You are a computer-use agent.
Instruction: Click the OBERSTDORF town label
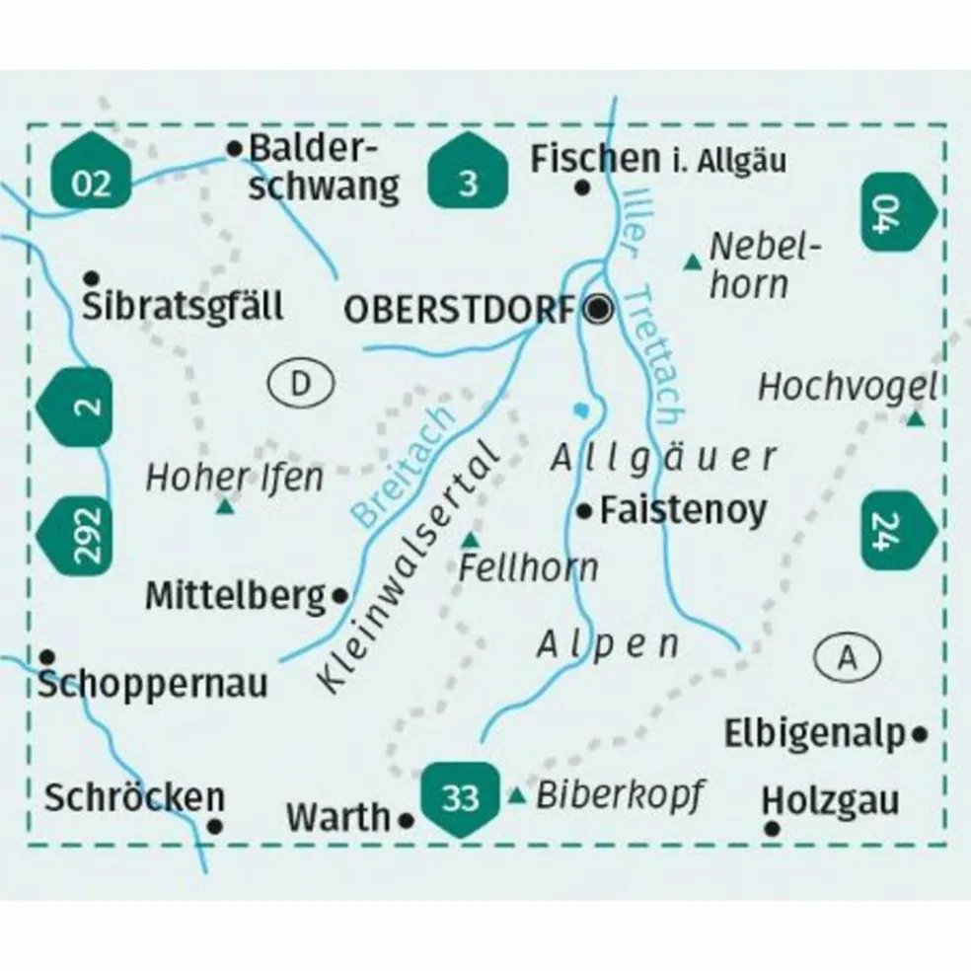point(458,311)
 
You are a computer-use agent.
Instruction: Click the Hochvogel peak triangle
point(915,420)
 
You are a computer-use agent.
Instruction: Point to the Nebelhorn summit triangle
point(693,262)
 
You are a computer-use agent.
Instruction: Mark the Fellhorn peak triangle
point(472,540)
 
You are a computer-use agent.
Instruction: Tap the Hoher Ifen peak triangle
point(226,508)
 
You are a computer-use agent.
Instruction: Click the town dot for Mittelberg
point(340,595)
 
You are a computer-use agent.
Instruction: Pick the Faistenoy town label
point(683,510)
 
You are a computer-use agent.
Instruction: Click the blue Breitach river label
point(403,466)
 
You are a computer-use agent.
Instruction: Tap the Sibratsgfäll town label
point(184,306)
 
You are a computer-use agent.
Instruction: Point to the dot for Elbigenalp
point(921,733)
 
